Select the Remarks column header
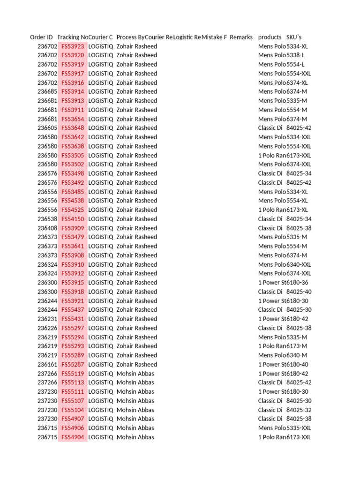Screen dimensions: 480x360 (x=241, y=37)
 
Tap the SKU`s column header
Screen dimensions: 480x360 (x=294, y=37)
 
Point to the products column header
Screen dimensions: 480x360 (x=270, y=37)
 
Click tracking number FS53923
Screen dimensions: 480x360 (x=73, y=46)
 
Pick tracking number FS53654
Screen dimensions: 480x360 (x=73, y=119)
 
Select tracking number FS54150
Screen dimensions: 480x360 (x=73, y=219)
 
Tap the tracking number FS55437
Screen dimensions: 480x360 (x=73, y=310)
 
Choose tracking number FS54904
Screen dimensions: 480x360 (x=73, y=437)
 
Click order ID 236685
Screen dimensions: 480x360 (x=47, y=92)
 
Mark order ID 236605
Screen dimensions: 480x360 (x=47, y=128)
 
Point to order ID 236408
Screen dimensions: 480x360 (x=47, y=228)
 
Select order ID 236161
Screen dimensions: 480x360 (x=47, y=365)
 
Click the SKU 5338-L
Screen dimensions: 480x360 (x=295, y=55)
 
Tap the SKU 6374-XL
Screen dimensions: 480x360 (x=297, y=82)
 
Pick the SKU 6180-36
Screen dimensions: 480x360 (x=297, y=283)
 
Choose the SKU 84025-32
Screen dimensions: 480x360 (x=299, y=410)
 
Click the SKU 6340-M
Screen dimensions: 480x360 (x=297, y=355)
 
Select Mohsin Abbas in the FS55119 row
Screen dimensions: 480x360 (x=135, y=374)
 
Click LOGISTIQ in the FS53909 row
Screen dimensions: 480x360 (x=100, y=228)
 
